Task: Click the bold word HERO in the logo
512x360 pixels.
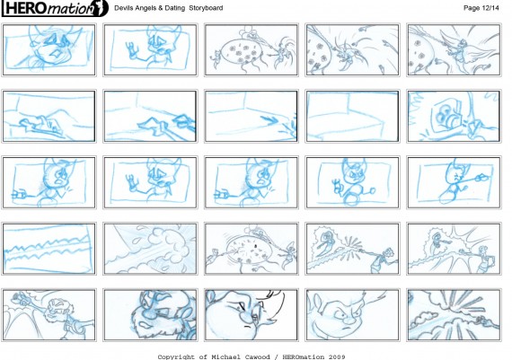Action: (x=26, y=8)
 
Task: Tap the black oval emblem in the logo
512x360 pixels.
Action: (x=101, y=8)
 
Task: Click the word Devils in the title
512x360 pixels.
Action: (x=122, y=8)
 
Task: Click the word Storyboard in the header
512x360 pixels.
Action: (x=206, y=8)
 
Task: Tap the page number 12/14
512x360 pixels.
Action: (x=489, y=8)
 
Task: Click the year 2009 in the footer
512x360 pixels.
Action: (x=337, y=356)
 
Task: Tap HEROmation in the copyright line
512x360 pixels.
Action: (x=304, y=356)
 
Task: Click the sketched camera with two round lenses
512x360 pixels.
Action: (x=447, y=115)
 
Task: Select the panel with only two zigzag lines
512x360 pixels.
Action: (x=49, y=249)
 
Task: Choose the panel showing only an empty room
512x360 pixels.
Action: (x=352, y=117)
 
